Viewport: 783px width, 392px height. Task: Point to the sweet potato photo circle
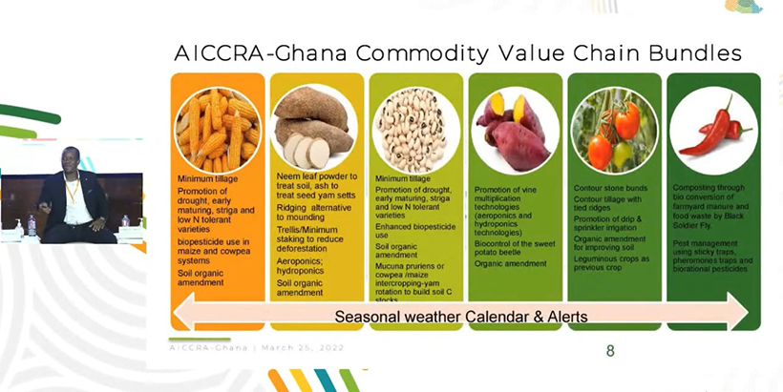pos(515,130)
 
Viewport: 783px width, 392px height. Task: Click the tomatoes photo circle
pos(614,130)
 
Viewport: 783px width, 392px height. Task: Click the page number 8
pos(610,351)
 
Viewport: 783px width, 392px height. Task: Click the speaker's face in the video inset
pos(73,163)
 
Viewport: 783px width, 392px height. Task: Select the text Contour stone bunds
pos(607,188)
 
